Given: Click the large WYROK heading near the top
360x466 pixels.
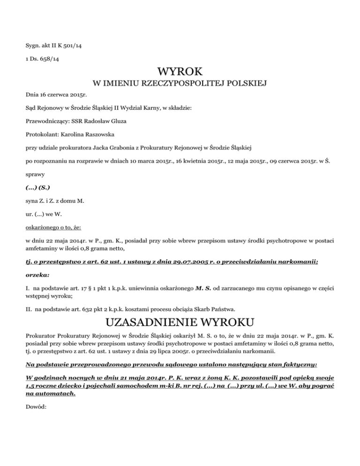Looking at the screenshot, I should pyautogui.click(x=180, y=72).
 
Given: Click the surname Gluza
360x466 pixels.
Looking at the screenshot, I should pyautogui.click(x=117, y=120).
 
